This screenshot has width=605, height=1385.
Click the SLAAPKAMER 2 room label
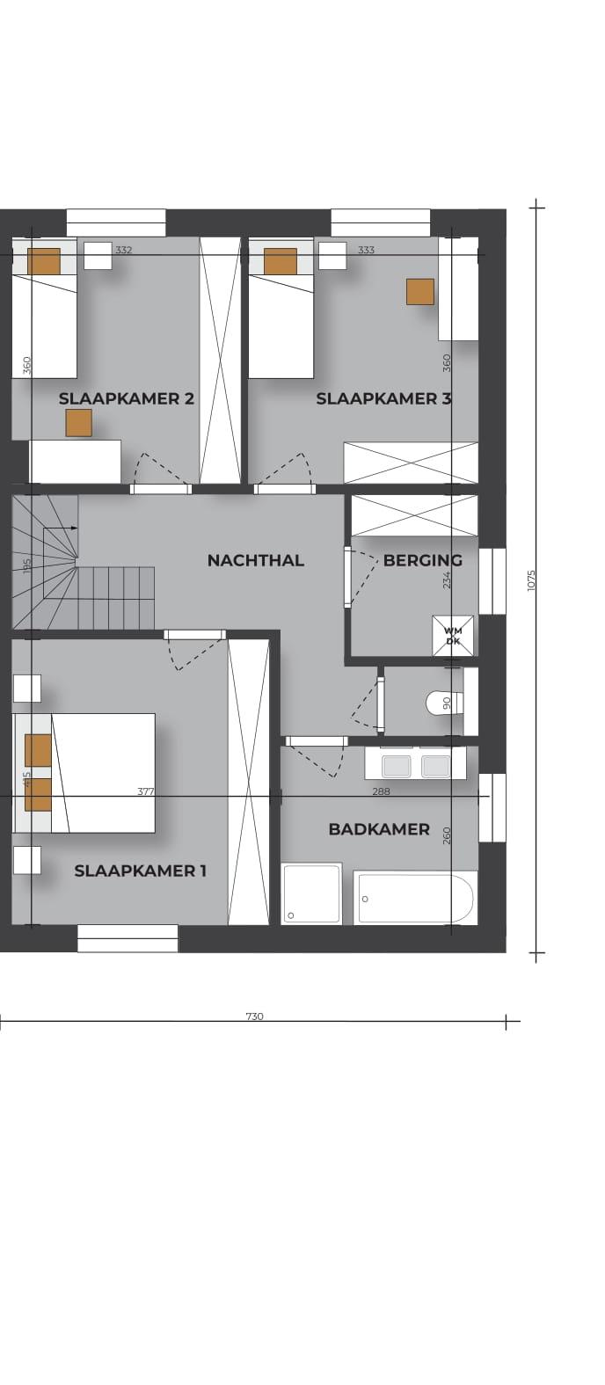pyautogui.click(x=127, y=399)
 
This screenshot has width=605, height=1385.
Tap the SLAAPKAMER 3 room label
pyautogui.click(x=383, y=399)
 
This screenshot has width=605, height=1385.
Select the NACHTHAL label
pyautogui.click(x=256, y=561)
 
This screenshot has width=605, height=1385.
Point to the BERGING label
pyautogui.click(x=422, y=561)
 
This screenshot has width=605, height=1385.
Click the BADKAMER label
pyautogui.click(x=379, y=830)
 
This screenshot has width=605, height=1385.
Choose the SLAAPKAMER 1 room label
pyautogui.click(x=140, y=871)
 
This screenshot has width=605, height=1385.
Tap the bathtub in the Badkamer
pyautogui.click(x=415, y=898)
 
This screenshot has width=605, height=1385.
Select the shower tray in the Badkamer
pyautogui.click(x=311, y=894)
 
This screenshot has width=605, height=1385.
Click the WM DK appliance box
pyautogui.click(x=454, y=637)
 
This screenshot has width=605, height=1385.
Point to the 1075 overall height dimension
pyautogui.click(x=531, y=580)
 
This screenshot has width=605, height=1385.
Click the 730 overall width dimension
pyautogui.click(x=254, y=1016)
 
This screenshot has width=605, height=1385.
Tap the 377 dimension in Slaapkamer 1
pyautogui.click(x=145, y=791)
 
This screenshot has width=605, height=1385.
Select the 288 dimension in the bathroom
pyautogui.click(x=381, y=791)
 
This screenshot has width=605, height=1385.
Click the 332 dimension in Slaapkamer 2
pyautogui.click(x=124, y=250)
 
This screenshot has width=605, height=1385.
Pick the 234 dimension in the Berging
pyautogui.click(x=447, y=580)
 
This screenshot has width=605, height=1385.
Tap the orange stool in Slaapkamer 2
pyautogui.click(x=78, y=423)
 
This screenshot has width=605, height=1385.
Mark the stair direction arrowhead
pyautogui.click(x=74, y=528)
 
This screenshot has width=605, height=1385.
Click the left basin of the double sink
pyautogui.click(x=396, y=767)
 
